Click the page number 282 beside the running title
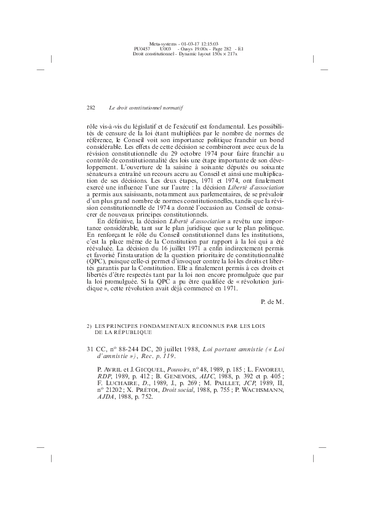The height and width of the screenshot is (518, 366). click(91, 107)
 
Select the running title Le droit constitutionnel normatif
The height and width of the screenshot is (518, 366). click(146, 107)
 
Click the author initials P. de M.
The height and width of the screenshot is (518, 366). click(273, 301)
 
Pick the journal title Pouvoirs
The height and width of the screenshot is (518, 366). click(183, 371)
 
